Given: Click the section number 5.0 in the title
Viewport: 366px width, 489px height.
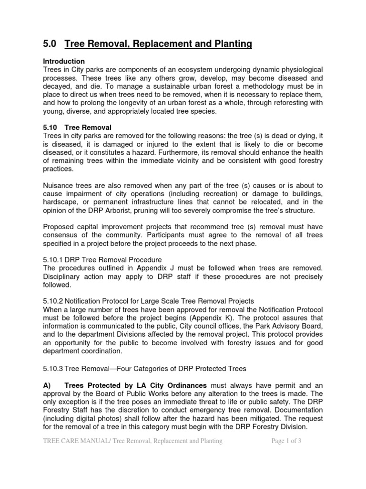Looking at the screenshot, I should click(50, 44).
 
